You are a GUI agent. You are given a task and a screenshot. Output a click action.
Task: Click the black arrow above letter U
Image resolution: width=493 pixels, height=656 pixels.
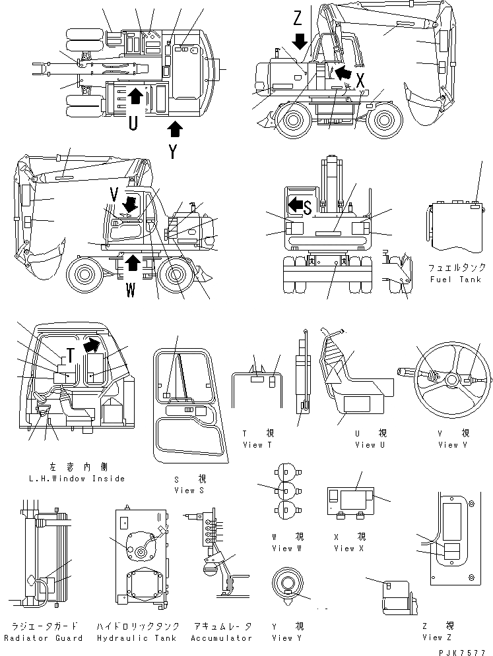(x=134, y=97)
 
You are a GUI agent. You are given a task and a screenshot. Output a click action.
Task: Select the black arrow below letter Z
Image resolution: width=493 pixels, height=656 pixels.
(x=300, y=41)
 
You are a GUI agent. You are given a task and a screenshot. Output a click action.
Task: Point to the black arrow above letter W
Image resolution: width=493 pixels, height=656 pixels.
(x=132, y=262)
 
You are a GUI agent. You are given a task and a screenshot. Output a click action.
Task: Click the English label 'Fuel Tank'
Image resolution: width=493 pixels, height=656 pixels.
(x=455, y=279)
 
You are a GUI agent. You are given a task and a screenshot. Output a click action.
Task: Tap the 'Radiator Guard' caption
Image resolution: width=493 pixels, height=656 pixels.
(x=44, y=638)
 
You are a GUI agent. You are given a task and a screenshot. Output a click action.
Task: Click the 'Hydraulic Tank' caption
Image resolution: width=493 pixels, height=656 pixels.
(x=138, y=638)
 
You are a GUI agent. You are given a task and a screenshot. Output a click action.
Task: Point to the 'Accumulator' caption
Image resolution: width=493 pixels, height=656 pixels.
(x=222, y=638)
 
